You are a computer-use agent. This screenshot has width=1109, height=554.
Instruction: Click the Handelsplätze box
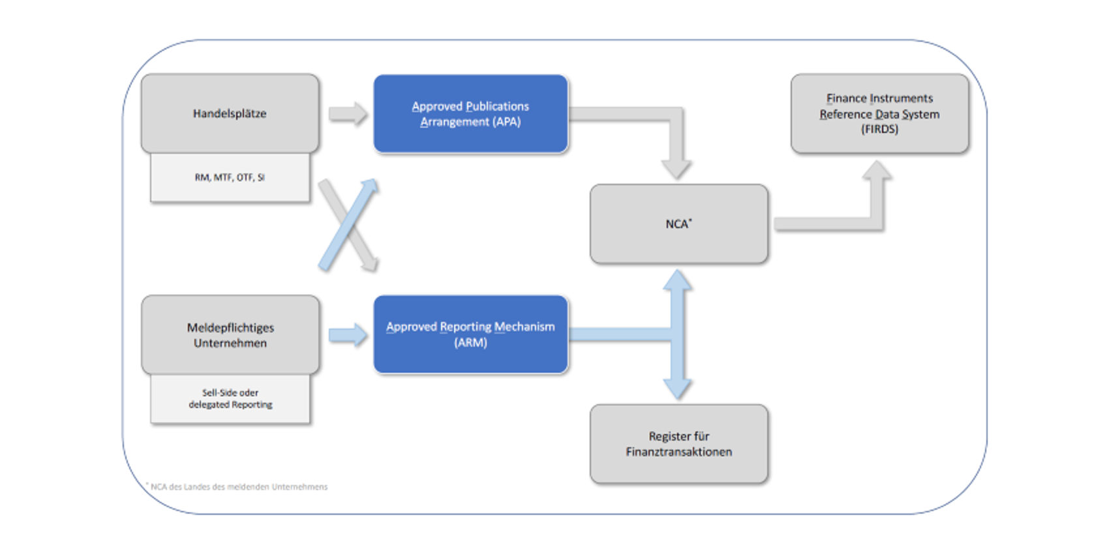[230, 113]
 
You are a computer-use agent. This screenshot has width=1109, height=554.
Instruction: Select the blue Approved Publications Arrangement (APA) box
[471, 114]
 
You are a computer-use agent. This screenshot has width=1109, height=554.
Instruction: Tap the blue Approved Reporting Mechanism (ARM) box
[471, 334]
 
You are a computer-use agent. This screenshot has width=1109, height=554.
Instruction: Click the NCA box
[678, 224]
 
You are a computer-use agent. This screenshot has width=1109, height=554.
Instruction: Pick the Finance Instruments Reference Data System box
[880, 114]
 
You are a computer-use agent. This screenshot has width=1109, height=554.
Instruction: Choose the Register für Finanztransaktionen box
[678, 444]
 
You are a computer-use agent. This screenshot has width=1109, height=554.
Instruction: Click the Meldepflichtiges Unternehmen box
[230, 335]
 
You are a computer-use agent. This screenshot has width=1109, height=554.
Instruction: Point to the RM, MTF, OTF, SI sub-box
[230, 177]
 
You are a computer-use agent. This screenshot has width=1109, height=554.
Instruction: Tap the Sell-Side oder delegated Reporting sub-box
[230, 399]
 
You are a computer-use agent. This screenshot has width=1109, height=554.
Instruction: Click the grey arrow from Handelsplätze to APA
[348, 114]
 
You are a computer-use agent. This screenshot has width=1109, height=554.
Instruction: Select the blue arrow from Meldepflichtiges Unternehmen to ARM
[348, 336]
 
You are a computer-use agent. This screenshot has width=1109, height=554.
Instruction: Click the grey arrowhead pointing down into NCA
[676, 169]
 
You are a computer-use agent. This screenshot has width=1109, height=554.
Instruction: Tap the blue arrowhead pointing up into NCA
[677, 280]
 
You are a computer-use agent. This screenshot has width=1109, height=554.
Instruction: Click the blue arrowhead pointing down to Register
[677, 389]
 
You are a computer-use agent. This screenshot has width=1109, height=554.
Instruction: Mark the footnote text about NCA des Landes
[237, 487]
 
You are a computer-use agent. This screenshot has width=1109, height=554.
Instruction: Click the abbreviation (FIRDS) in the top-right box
[879, 129]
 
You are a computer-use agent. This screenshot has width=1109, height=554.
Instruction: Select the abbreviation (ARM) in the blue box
[470, 342]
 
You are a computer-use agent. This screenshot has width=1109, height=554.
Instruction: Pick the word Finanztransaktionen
[678, 452]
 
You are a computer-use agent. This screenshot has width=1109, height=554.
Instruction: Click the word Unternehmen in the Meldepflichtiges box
[230, 343]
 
